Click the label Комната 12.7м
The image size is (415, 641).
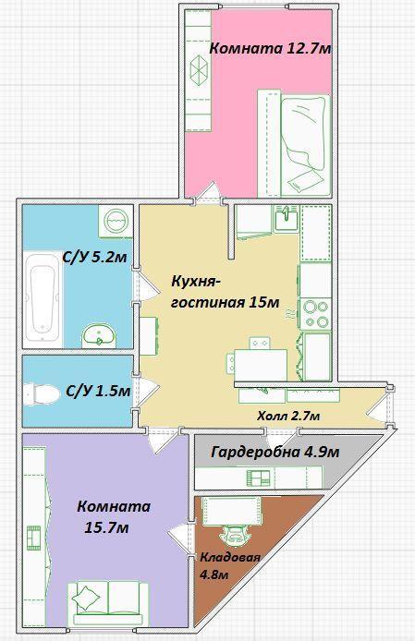(270, 49)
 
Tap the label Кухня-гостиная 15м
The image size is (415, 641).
(226, 292)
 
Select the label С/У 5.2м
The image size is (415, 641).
(94, 258)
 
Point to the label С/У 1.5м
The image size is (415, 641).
(98, 392)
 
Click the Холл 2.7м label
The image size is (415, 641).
(288, 417)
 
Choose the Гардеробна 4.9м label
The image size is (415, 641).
(275, 453)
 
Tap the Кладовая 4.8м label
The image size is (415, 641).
(229, 566)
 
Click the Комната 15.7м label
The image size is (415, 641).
(114, 517)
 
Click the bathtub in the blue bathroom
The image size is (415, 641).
(43, 299)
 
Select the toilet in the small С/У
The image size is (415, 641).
(42, 394)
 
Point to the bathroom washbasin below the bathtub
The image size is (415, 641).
(99, 335)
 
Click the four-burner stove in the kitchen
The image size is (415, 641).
(315, 314)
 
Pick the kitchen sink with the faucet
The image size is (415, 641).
(286, 218)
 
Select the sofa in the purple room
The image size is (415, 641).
(108, 602)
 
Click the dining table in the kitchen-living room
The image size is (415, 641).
(261, 366)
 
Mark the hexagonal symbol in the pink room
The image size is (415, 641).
(199, 70)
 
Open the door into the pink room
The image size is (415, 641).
(209, 193)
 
